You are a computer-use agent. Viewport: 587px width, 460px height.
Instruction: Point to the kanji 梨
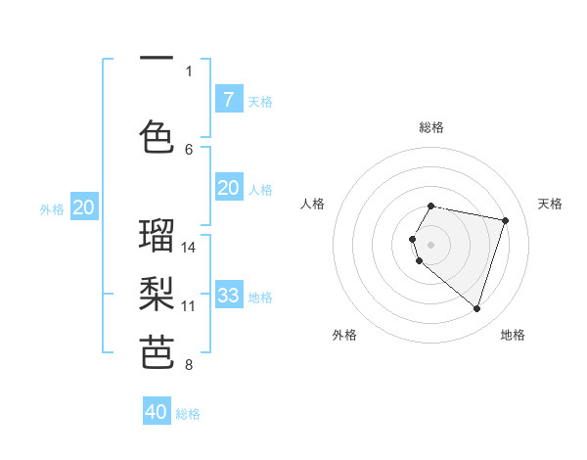click(157, 295)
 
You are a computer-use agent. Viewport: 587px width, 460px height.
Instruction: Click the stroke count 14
click(189, 247)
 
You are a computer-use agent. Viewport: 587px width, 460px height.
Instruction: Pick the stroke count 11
click(189, 305)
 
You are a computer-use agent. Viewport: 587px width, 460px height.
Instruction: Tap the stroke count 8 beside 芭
click(189, 365)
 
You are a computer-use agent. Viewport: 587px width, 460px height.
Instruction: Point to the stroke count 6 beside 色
click(189, 149)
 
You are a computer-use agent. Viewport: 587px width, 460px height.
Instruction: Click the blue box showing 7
click(228, 99)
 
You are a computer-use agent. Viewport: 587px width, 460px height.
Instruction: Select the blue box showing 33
click(228, 295)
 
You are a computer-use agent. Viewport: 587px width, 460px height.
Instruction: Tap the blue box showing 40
click(157, 412)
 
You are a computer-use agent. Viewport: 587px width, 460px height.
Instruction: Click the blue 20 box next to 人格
click(228, 188)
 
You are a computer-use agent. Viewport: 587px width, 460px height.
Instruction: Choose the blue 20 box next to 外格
click(84, 207)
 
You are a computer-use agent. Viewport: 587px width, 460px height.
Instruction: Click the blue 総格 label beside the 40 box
click(188, 414)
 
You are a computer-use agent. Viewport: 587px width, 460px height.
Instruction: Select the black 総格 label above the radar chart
click(431, 127)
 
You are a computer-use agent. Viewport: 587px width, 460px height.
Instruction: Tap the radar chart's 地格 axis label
click(513, 335)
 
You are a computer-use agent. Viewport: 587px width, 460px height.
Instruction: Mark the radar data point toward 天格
click(505, 220)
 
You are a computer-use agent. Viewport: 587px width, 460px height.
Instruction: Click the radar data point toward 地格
click(476, 308)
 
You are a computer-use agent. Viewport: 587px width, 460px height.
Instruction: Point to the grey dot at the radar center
click(430, 243)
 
